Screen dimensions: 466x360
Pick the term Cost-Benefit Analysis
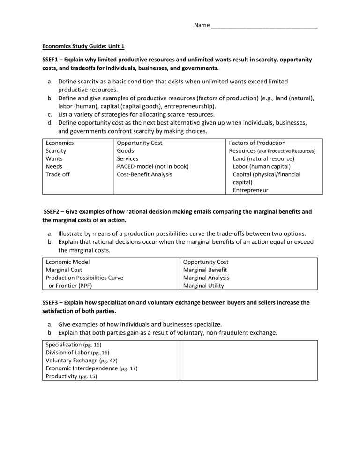144,174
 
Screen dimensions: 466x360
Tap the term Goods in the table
125,150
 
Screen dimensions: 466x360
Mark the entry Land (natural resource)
263,158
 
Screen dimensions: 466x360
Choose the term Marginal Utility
203,286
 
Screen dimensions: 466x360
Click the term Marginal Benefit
205,270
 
